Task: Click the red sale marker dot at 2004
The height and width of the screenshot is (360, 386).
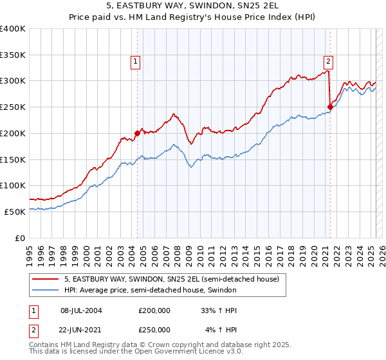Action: pyautogui.click(x=137, y=134)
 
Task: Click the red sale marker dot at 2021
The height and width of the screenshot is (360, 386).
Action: pyautogui.click(x=330, y=107)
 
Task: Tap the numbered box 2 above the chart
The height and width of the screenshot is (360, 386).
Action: pyautogui.click(x=328, y=62)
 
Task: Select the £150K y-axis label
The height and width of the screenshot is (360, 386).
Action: pyautogui.click(x=13, y=159)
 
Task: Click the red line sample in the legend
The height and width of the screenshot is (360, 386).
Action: pyautogui.click(x=46, y=280)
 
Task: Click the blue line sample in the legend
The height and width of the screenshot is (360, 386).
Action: pyautogui.click(x=46, y=291)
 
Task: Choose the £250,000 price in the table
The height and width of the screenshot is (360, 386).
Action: pyautogui.click(x=154, y=330)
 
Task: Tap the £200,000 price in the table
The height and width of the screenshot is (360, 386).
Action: pyautogui.click(x=154, y=310)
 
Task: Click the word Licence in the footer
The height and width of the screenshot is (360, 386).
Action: pyautogui.click(x=193, y=353)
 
